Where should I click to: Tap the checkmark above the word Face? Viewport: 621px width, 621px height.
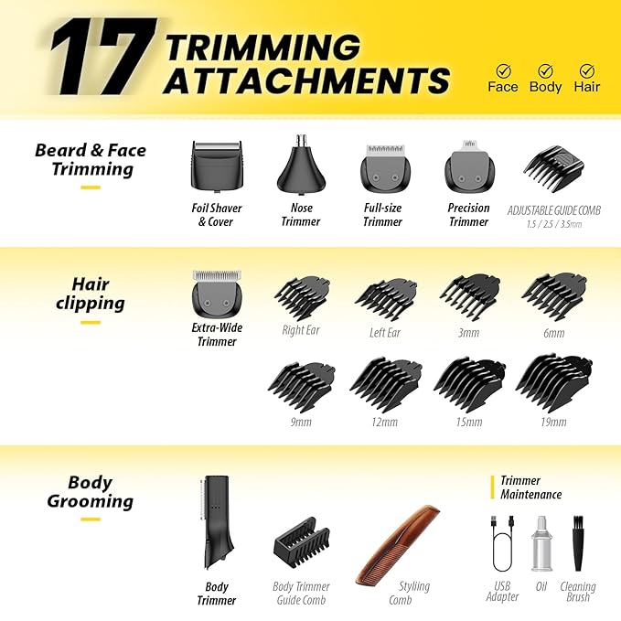click(x=503, y=70)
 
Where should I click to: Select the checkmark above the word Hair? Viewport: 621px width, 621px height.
click(x=586, y=70)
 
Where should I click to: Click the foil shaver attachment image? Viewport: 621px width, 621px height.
click(x=218, y=166)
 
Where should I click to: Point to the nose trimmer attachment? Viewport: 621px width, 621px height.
click(x=298, y=165)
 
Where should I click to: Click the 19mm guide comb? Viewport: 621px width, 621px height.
click(x=554, y=383)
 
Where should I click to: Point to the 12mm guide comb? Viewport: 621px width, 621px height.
click(x=385, y=384)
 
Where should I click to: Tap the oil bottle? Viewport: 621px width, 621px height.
click(x=541, y=547)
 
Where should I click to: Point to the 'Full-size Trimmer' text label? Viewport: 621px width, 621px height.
click(x=382, y=215)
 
